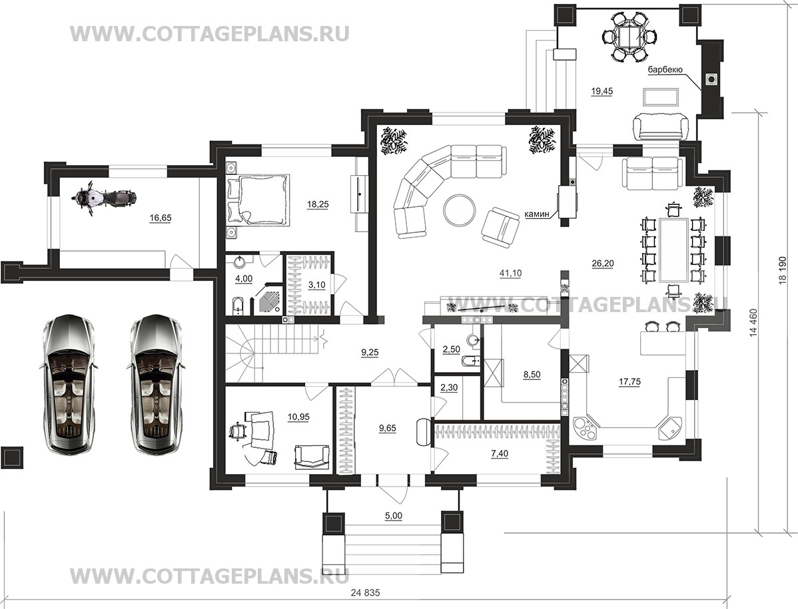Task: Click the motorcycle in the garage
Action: [x=106, y=198]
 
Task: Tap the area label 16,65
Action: [x=161, y=218]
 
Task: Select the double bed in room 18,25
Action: [x=258, y=199]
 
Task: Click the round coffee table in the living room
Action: [x=460, y=210]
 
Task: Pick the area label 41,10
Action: [x=510, y=273]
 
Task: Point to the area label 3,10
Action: [x=316, y=285]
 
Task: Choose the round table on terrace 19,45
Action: [x=629, y=37]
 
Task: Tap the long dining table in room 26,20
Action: [x=674, y=250]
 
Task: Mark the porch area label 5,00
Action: [x=394, y=515]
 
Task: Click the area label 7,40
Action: [x=500, y=453]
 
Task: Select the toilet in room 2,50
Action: [x=470, y=361]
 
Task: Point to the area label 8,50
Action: [x=532, y=375]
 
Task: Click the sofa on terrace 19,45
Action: [x=659, y=126]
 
